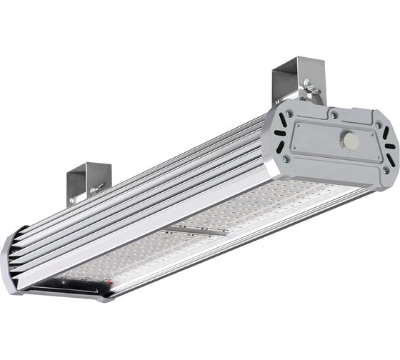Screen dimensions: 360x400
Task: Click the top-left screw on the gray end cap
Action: [x=288, y=114]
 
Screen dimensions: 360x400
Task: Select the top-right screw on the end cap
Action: [x=379, y=124]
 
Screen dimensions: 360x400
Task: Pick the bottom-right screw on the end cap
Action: [x=385, y=170]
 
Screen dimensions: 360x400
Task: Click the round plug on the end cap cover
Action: [x=352, y=140]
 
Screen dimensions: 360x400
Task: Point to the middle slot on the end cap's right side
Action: [x=389, y=146]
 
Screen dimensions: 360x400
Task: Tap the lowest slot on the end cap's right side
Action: [x=391, y=161]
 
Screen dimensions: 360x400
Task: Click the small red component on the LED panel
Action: [x=109, y=284]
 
